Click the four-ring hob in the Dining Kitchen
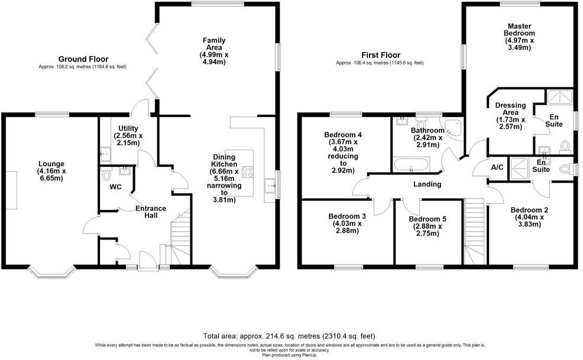pyautogui.click(x=247, y=173)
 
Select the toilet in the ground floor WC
pyautogui.click(x=106, y=175)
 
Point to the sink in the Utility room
pyautogui.click(x=105, y=155)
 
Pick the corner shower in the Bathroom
pyautogui.click(x=454, y=127)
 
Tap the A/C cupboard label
pyautogui.click(x=497, y=167)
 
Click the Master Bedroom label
pyautogui.click(x=519, y=37)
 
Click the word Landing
pyautogui.click(x=427, y=184)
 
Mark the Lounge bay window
pyautogui.click(x=52, y=271)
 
